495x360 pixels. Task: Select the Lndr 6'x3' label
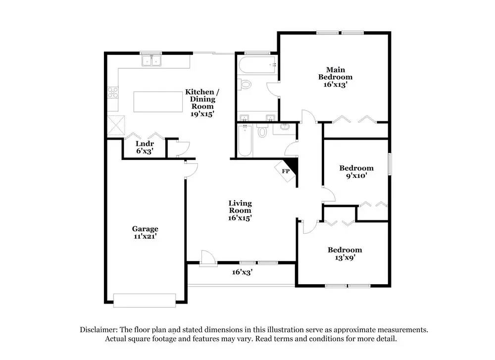(145, 147)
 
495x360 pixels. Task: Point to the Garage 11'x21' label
(145, 232)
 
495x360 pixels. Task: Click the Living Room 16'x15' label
(240, 210)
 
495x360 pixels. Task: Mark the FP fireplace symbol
(286, 171)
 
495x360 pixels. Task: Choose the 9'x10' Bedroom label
(356, 171)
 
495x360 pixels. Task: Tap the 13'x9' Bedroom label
(344, 254)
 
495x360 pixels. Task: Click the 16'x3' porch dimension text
(243, 272)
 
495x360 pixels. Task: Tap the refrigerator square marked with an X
(116, 124)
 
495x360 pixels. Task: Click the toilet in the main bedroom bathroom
(245, 85)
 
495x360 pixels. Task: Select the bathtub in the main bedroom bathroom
(256, 64)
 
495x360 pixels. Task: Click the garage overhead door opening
(144, 300)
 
